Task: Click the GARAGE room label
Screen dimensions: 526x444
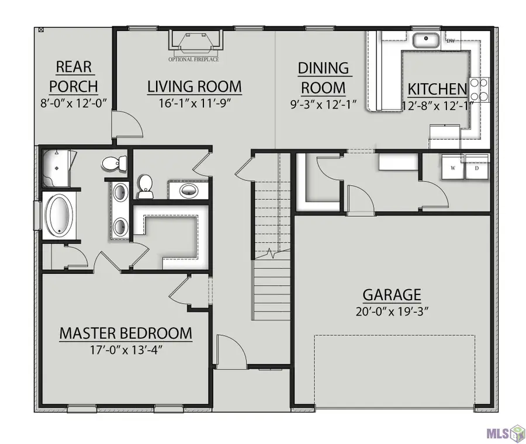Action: [x=392, y=295]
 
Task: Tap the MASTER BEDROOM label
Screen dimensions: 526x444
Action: [x=126, y=334]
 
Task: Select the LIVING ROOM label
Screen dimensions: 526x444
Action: [x=195, y=86]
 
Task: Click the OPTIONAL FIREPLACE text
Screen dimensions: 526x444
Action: [x=193, y=60]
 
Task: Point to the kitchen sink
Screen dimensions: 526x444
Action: [x=426, y=40]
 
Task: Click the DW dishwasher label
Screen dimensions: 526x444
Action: [x=451, y=41]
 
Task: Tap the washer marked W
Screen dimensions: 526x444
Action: [x=453, y=168]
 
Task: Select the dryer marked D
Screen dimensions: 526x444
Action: [x=477, y=168]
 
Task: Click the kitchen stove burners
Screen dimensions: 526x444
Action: [x=479, y=89]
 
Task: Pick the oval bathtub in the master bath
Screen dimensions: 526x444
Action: [x=59, y=214]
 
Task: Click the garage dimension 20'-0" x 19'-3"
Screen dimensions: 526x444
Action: [x=392, y=312]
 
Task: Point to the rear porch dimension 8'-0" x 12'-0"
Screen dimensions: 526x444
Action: [x=74, y=103]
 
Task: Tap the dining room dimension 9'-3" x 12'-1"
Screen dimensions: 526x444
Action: [x=323, y=105]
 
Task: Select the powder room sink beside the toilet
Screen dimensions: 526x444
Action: [x=189, y=191]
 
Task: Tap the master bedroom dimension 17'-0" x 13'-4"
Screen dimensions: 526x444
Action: [x=126, y=351]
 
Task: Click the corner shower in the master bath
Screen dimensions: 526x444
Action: [x=57, y=168]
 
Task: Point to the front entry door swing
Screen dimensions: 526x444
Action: [x=231, y=351]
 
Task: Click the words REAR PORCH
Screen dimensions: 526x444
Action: [x=74, y=77]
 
